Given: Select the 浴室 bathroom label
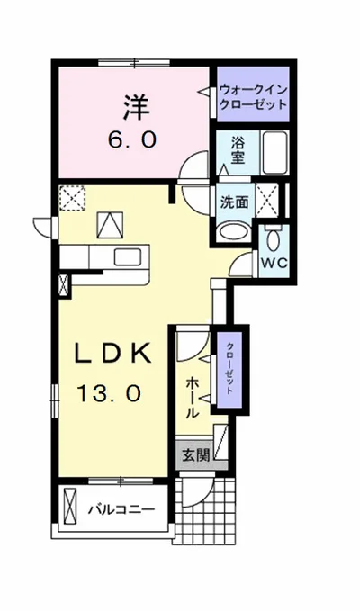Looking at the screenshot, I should pyautogui.click(x=238, y=148).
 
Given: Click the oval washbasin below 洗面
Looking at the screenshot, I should pyautogui.click(x=233, y=230).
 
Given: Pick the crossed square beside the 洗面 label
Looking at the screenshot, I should pyautogui.click(x=266, y=199).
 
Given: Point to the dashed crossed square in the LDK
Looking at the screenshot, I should pyautogui.click(x=72, y=197).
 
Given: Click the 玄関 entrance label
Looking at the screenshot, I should pyautogui.click(x=197, y=455).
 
